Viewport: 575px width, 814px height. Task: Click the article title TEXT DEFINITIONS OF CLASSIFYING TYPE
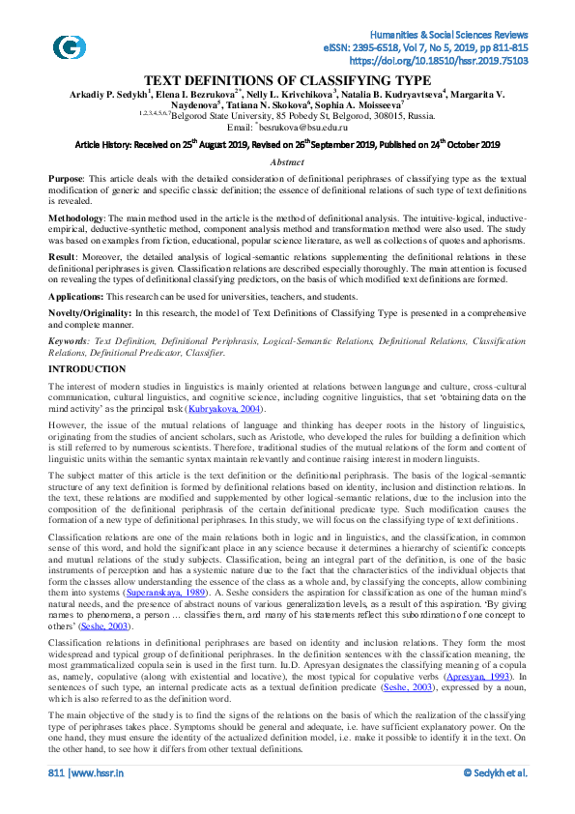[x=288, y=80]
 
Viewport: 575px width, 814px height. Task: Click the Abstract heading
[x=287, y=162]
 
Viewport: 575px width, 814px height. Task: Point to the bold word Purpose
[x=66, y=180]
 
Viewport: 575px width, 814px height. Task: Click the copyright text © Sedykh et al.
[x=495, y=799]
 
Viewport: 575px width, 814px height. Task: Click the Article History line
[x=287, y=144]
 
